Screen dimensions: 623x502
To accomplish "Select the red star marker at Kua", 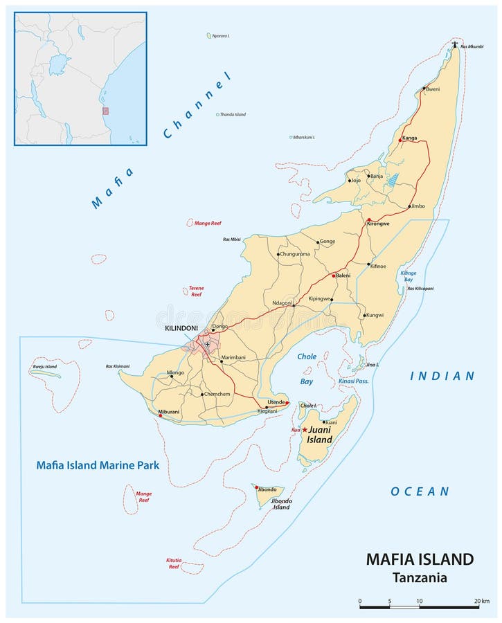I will pos(304,430).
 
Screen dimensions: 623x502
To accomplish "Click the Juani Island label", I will pos(319,435).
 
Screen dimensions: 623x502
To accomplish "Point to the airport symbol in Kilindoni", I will pos(206,344).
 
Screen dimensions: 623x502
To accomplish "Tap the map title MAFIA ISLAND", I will pos(420,559).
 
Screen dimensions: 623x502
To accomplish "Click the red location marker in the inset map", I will pos(105,111).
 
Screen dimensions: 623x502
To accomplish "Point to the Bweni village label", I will pos(432,89).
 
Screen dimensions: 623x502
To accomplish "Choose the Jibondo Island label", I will pos(280,503).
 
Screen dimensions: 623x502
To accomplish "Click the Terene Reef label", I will pos(196,291).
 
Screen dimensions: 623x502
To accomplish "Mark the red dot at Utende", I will pos(287,402).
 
